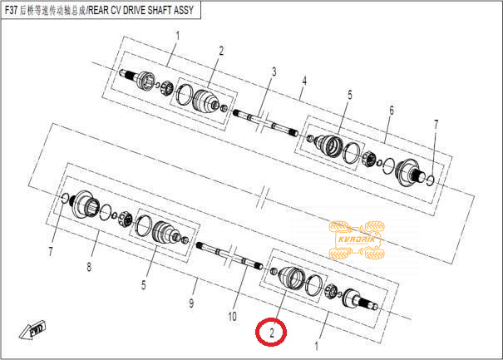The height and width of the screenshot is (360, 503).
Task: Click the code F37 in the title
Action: pos(11,10)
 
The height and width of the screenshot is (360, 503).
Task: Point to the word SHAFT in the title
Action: pos(160,10)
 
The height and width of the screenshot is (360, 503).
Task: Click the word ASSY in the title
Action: pos(184,10)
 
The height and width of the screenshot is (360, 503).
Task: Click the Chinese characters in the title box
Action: pos(52,11)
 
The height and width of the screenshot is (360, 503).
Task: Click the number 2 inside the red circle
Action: pos(272,333)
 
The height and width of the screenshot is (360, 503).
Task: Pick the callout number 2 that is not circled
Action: pos(221,51)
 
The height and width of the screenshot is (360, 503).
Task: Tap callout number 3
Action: pos(274,72)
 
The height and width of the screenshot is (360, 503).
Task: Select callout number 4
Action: pos(304,81)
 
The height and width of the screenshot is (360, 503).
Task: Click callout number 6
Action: pos(392,111)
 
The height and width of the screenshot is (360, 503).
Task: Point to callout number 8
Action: pos(89,266)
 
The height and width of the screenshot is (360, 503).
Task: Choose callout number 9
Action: pos(191,303)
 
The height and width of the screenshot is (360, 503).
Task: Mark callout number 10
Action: pos(232,317)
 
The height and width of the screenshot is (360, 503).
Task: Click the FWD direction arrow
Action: pos(32,329)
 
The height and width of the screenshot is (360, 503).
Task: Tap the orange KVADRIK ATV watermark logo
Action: pos(357,239)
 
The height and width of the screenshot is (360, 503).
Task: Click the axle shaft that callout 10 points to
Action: pos(229,254)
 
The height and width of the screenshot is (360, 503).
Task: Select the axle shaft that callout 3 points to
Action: pos(266,123)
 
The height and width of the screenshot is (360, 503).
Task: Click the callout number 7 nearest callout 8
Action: pos(51,252)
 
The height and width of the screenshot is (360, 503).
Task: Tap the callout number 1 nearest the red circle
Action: pos(316,347)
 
